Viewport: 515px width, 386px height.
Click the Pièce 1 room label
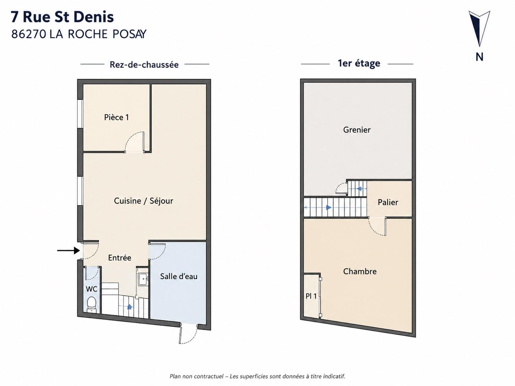click(117, 117)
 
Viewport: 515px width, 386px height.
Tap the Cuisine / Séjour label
click(144, 200)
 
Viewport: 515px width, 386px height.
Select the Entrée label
click(120, 258)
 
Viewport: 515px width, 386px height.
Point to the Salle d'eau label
click(179, 276)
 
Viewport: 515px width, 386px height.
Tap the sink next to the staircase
click(143, 279)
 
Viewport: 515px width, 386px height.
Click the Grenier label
click(357, 130)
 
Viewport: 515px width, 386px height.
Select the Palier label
click(388, 202)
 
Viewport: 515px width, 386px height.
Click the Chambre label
click(360, 271)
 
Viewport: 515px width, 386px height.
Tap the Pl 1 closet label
click(311, 296)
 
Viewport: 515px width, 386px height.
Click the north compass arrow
click(479, 28)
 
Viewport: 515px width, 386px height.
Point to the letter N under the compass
click(479, 57)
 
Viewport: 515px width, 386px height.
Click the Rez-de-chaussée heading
click(144, 64)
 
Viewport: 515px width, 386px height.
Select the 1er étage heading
click(359, 63)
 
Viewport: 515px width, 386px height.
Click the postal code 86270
click(28, 34)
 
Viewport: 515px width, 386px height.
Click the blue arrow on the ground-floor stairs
click(129, 307)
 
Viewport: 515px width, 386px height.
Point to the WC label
click(91, 289)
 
